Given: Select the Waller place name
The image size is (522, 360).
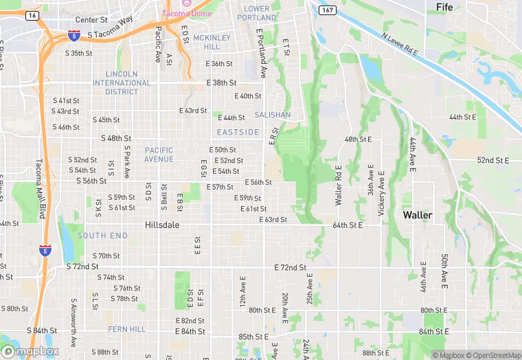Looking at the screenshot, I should (418, 215).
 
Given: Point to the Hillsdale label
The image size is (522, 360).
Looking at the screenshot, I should (163, 224).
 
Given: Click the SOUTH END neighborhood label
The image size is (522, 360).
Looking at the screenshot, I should (102, 236).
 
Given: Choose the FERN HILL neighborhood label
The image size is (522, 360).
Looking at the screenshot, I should (127, 329).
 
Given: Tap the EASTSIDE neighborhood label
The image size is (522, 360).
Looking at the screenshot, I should (238, 132).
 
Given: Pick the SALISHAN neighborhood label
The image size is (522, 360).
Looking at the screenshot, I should (273, 115).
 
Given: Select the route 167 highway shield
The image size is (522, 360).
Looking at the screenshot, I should (328, 10).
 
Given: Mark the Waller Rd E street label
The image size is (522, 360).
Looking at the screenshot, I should (338, 185).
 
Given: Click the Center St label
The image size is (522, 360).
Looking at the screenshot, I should (92, 20).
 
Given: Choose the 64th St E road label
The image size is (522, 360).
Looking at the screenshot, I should (348, 225).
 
